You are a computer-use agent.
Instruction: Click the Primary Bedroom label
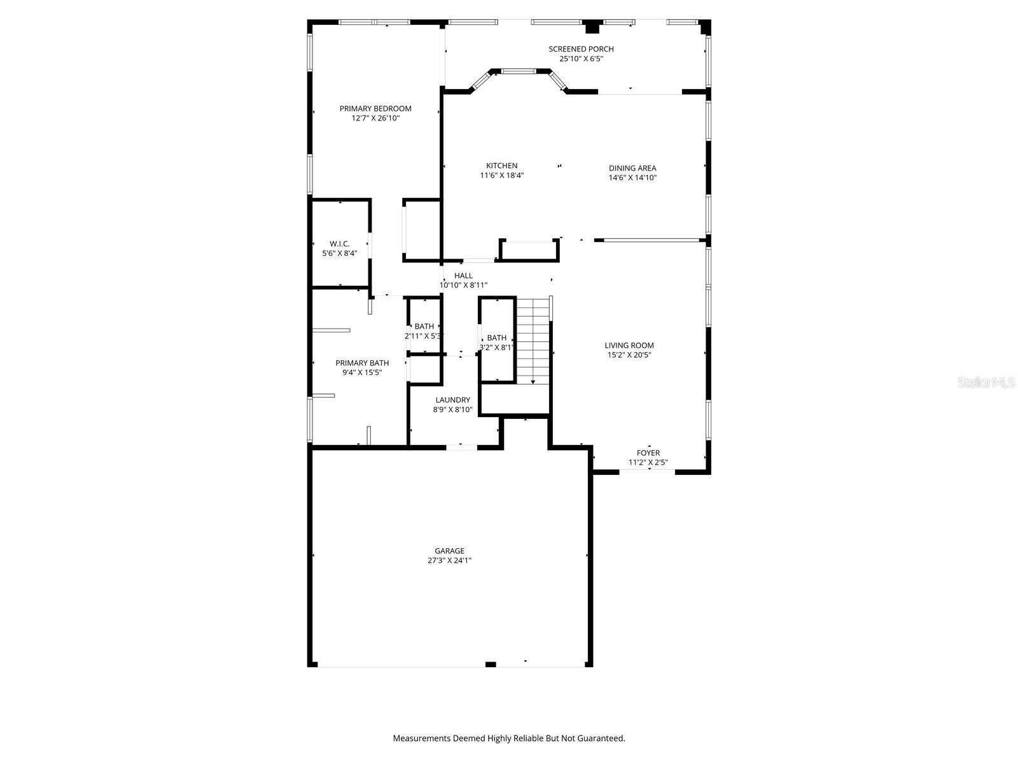click(375, 108)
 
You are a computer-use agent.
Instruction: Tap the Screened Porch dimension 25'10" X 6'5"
click(581, 59)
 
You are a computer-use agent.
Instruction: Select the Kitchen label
click(502, 166)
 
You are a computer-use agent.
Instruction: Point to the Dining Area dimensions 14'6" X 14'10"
click(632, 178)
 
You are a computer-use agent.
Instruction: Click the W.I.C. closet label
click(340, 244)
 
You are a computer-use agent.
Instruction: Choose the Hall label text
click(463, 276)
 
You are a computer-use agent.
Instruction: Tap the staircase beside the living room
click(532, 341)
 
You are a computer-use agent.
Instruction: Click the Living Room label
click(629, 345)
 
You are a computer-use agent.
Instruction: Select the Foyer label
click(648, 453)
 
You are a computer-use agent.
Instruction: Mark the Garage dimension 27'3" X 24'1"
click(450, 561)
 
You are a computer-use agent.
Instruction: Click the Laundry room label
click(453, 400)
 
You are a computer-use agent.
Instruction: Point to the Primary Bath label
click(362, 363)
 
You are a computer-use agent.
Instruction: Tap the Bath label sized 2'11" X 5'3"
click(424, 327)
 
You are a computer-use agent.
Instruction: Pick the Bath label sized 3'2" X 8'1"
click(497, 338)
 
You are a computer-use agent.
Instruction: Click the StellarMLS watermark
click(987, 383)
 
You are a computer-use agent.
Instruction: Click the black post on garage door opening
click(491, 664)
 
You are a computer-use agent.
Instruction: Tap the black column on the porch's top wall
click(592, 27)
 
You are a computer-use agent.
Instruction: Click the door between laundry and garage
click(461, 447)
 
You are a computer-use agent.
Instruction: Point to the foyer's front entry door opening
click(647, 471)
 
